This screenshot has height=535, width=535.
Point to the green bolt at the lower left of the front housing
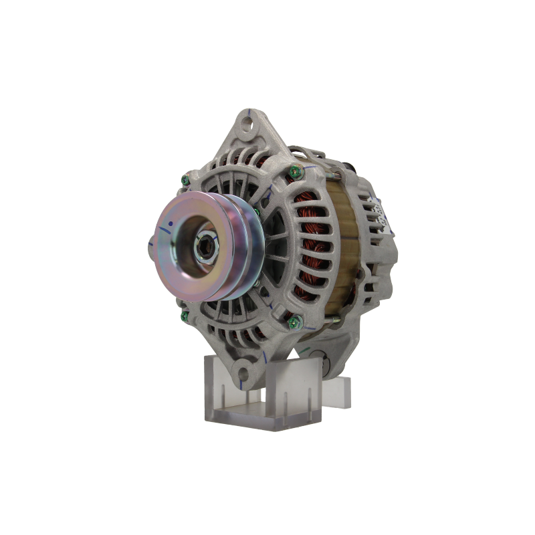point(182,309)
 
